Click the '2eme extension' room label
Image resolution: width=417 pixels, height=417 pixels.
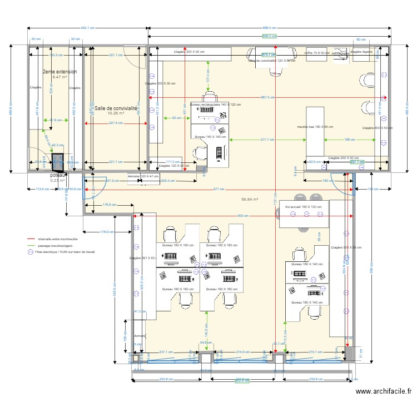point(59,72)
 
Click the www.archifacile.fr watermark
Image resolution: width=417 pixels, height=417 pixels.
point(383,391)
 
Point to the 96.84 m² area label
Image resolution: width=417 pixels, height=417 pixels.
point(250,198)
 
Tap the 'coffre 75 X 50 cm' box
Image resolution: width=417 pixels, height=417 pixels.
point(317,53)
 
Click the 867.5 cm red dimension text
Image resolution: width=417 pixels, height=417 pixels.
point(267,97)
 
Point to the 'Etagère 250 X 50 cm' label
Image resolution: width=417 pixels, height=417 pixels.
point(342,158)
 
